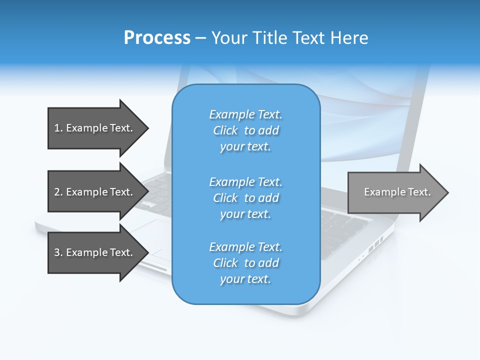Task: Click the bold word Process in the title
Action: (x=157, y=37)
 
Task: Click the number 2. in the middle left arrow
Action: (x=58, y=192)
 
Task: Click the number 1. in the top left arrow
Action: (x=58, y=128)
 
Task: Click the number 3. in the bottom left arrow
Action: (x=58, y=252)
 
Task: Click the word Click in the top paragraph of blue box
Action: (x=225, y=131)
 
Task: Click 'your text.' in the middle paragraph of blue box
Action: (x=245, y=214)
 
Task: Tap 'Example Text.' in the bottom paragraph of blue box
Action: (x=245, y=247)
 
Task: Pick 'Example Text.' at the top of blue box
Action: (x=245, y=114)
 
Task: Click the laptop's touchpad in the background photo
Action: (x=150, y=235)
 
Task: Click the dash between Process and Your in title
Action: (x=201, y=38)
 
